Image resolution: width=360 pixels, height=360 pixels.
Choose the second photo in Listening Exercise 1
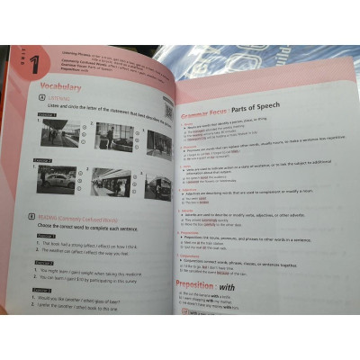click(x=112, y=137)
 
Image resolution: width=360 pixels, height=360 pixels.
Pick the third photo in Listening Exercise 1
click(x=159, y=143)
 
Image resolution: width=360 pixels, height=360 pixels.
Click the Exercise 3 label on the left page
click(x=46, y=291)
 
